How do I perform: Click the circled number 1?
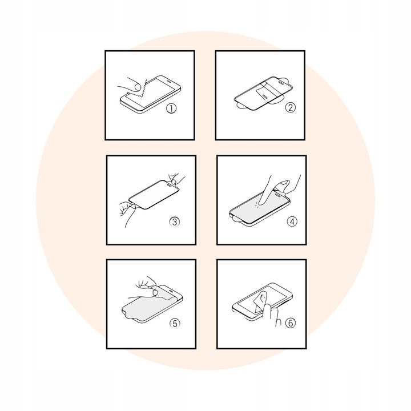[x=171, y=108]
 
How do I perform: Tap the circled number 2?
[x=290, y=107]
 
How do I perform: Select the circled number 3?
[x=174, y=221]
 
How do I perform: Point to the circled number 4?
[x=292, y=221]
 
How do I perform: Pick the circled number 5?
[x=175, y=323]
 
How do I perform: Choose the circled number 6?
[x=290, y=323]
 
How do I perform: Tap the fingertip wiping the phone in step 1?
[x=136, y=86]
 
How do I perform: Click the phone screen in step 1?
[x=151, y=93]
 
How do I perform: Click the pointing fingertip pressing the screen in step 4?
[x=261, y=202]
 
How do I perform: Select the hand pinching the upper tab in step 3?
[x=175, y=179]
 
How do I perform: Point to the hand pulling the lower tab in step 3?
[x=128, y=213]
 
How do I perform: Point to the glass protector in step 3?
[x=154, y=194]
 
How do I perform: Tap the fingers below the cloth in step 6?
[x=271, y=314]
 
